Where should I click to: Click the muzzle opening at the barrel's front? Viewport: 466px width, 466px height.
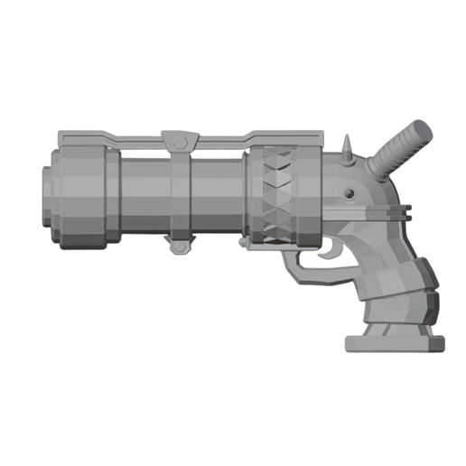tap(45, 196)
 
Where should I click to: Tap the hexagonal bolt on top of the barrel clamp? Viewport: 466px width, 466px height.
tap(180, 140)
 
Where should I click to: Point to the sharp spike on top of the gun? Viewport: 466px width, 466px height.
tap(347, 150)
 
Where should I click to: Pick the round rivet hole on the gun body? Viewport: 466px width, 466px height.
tap(347, 194)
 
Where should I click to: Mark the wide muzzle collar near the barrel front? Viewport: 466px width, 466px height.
tap(87, 196)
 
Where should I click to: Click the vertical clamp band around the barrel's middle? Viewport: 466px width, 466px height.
tap(181, 194)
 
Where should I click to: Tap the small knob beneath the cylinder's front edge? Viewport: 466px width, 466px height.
tap(245, 243)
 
